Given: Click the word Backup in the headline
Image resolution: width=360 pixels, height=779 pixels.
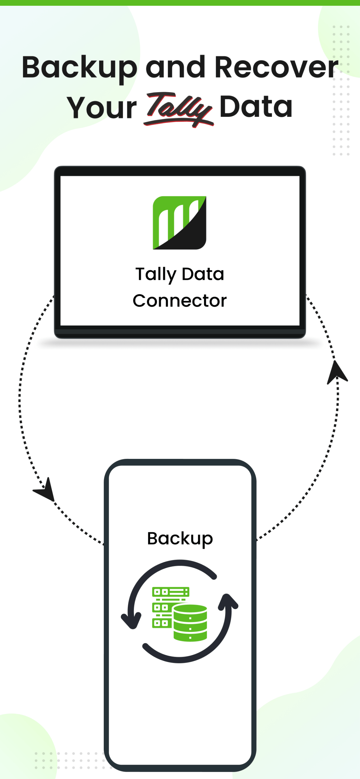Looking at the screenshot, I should coord(79,68).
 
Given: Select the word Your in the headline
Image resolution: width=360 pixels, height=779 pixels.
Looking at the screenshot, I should coord(102,107).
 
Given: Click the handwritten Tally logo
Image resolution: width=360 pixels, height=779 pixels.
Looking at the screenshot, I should coord(178,108).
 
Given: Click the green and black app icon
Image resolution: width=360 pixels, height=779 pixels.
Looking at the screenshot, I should coord(179,223).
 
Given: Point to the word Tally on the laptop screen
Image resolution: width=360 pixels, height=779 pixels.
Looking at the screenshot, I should coord(156,274).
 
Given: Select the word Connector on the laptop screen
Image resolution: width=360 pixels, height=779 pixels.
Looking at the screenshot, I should coord(180,301).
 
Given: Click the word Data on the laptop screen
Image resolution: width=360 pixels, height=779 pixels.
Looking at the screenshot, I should coord(203,274).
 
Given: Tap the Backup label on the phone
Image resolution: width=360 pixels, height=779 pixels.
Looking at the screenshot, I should coord(180,539).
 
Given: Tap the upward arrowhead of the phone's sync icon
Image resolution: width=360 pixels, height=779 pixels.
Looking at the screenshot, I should coord(227,602).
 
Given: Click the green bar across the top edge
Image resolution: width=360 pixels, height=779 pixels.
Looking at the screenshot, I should coord(180,2).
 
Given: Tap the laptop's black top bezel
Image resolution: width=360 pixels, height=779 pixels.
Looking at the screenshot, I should coord(180,171).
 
